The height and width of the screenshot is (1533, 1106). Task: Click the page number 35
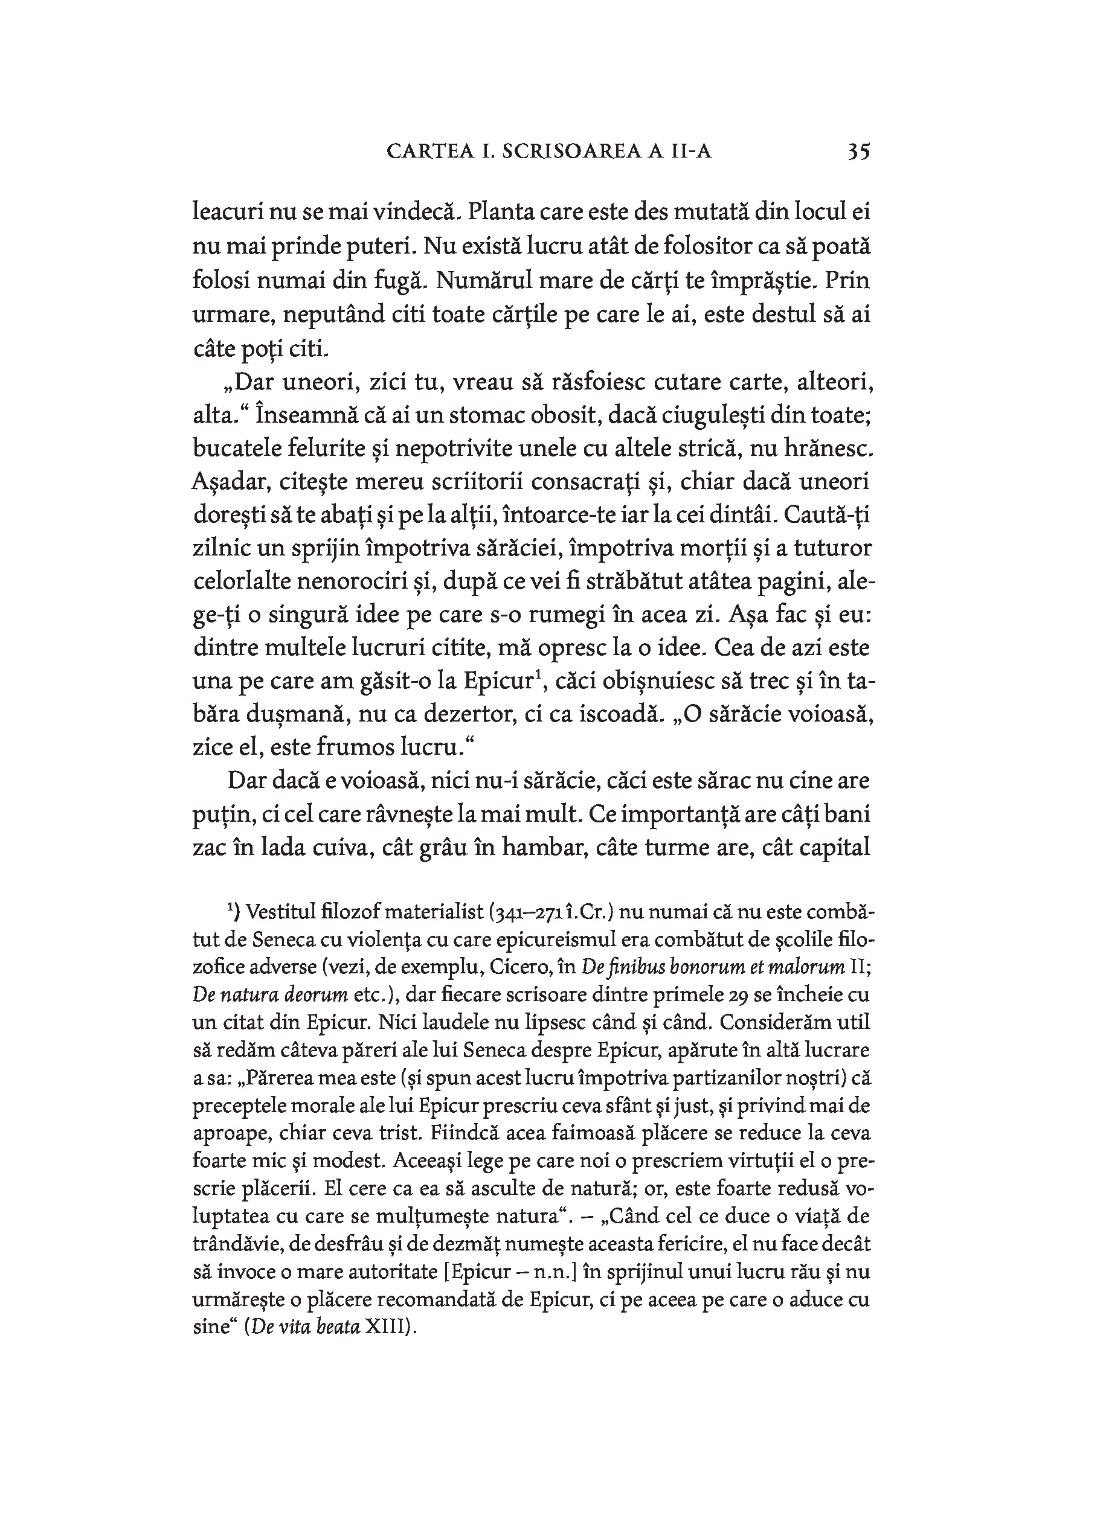click(x=858, y=151)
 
